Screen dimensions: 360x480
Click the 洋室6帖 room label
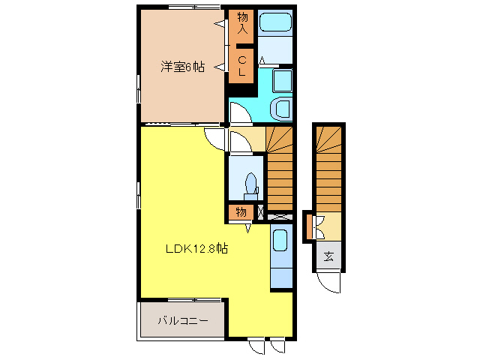point(181,66)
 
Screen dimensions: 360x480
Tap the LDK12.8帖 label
point(196,249)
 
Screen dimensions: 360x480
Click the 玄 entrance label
point(328,256)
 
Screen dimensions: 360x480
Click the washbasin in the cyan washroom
point(282,109)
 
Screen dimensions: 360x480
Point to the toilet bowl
point(250,184)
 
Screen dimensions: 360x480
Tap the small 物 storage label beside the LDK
point(241,212)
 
